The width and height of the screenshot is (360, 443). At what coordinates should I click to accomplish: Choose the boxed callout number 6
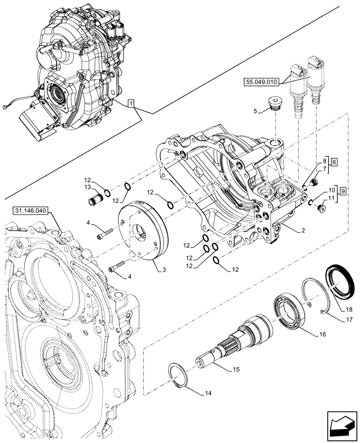pyautogui.click(x=334, y=162)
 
